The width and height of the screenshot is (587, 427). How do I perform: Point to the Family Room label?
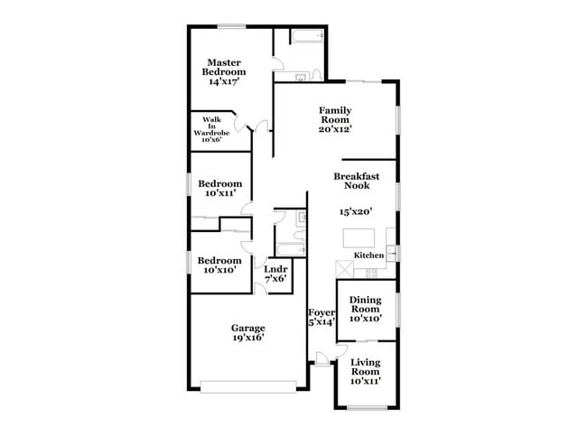point(334,115)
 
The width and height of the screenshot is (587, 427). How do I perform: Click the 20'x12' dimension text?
point(334,128)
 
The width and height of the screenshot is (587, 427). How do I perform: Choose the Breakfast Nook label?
point(355,181)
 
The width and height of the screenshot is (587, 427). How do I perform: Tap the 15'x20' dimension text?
point(356,211)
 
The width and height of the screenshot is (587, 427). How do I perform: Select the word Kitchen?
point(369,255)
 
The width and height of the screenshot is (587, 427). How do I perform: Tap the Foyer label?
point(321,312)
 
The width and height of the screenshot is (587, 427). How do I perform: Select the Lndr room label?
point(275,268)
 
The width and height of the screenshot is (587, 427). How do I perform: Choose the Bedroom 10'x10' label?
point(220,265)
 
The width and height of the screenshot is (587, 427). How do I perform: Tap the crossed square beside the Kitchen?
point(344,269)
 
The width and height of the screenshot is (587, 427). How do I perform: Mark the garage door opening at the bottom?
point(249,388)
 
